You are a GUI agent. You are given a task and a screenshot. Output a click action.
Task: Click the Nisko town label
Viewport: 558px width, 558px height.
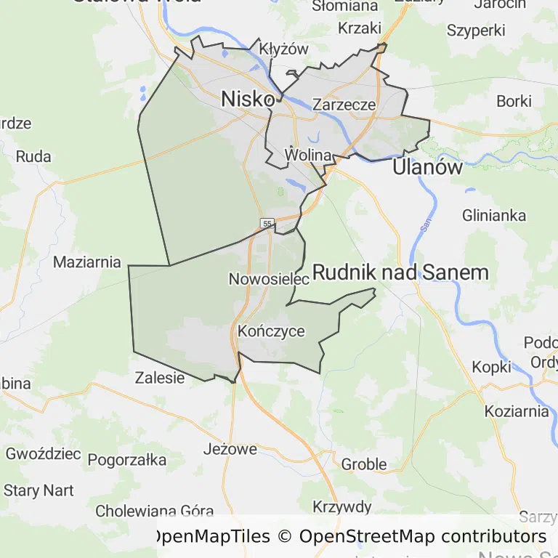click(x=248, y=98)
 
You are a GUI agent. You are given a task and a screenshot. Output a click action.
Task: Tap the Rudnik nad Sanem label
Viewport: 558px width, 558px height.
click(x=400, y=272)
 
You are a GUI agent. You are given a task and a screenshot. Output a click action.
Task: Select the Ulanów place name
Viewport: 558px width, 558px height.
click(x=427, y=168)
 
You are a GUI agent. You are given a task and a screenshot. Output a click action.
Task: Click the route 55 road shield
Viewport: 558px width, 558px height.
click(x=268, y=223)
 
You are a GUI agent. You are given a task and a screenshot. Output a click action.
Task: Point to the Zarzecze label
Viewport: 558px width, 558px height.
click(x=344, y=105)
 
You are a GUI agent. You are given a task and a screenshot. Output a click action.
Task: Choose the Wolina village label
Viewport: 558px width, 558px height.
click(x=309, y=155)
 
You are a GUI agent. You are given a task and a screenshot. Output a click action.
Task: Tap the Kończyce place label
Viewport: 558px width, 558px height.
click(x=271, y=331)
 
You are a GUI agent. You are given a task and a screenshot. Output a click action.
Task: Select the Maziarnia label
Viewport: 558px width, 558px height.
click(x=87, y=262)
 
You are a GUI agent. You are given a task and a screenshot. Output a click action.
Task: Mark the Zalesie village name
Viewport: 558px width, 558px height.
click(x=160, y=378)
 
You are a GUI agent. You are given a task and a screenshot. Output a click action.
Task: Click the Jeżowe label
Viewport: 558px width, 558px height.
click(x=230, y=449)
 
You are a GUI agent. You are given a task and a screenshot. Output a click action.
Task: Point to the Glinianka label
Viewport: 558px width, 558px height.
click(x=494, y=215)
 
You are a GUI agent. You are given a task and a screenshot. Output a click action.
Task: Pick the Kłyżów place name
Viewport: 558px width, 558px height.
click(x=284, y=49)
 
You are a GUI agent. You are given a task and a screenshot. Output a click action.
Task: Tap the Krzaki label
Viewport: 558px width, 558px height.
click(x=360, y=28)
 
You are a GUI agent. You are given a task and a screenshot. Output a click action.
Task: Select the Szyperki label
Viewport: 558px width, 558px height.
click(x=476, y=31)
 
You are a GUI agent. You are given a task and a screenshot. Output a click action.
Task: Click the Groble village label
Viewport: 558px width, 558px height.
click(x=363, y=464)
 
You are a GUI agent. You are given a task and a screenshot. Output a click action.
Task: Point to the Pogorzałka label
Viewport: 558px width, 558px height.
click(x=127, y=460)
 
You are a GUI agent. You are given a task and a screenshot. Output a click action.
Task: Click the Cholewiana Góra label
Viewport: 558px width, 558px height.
click(x=155, y=511)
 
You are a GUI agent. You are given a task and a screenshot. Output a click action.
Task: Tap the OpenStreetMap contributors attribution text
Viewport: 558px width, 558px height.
click(x=423, y=537)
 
